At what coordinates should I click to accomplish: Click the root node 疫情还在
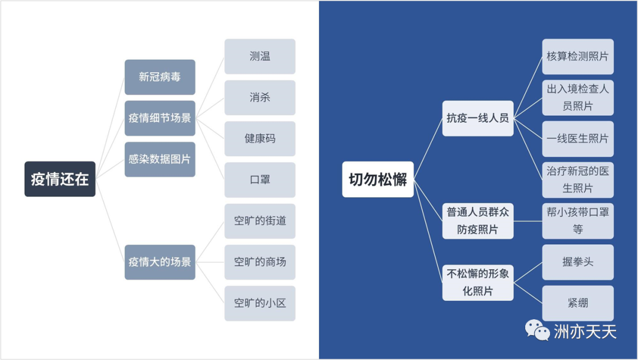tap(60, 179)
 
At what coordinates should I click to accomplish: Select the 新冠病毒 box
tap(159, 77)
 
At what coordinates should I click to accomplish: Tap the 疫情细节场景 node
tap(159, 118)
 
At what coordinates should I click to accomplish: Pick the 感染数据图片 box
tap(159, 159)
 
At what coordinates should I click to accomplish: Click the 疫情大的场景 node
tap(159, 261)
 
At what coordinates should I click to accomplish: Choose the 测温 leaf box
tap(260, 57)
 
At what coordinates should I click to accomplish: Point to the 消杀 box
tap(260, 98)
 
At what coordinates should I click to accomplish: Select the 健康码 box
tap(260, 138)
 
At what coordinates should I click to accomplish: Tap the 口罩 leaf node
tap(260, 180)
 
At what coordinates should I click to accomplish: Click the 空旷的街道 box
tap(260, 220)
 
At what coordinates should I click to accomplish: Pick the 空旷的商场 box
tap(260, 261)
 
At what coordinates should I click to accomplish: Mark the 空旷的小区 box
tap(260, 303)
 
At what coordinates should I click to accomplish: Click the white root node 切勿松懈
tap(378, 179)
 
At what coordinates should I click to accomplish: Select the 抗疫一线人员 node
tap(478, 118)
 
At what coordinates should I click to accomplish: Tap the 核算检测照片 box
tap(578, 57)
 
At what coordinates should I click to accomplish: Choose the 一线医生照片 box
tap(578, 138)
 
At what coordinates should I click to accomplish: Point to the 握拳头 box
tap(578, 261)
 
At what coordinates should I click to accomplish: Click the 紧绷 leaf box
tap(578, 303)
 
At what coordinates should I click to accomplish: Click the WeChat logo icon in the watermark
tap(538, 330)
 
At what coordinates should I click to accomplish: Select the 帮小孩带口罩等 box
tap(578, 220)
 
